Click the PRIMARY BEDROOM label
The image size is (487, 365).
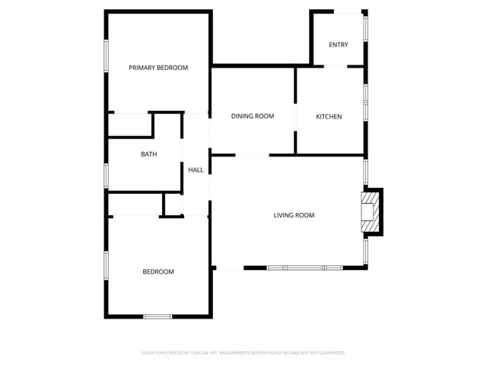pyautogui.click(x=158, y=68)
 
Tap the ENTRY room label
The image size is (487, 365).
pyautogui.click(x=339, y=45)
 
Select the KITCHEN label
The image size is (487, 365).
pyautogui.click(x=329, y=116)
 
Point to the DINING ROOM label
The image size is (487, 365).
pyautogui.click(x=253, y=116)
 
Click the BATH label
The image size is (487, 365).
pyautogui.click(x=148, y=154)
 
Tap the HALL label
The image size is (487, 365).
pyautogui.click(x=196, y=170)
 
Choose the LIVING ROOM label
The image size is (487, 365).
pyautogui.click(x=294, y=215)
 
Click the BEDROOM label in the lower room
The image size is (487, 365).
pyautogui.click(x=158, y=271)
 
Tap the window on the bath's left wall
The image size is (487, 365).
pyautogui.click(x=106, y=175)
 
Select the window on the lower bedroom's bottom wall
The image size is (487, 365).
pyautogui.click(x=158, y=316)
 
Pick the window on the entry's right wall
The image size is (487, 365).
pyautogui.click(x=365, y=27)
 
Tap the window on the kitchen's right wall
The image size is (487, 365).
pyautogui.click(x=366, y=101)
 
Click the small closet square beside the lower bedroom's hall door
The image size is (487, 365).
pyautogui.click(x=173, y=204)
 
